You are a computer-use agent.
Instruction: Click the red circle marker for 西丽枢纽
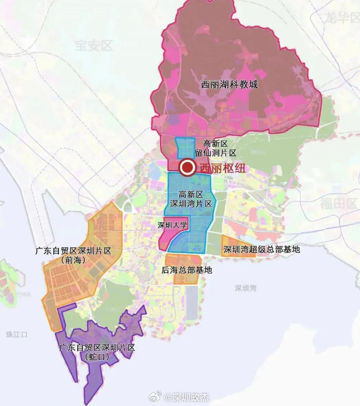(x=187, y=168)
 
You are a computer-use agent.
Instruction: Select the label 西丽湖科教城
(x=229, y=85)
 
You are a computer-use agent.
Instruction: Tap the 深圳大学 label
(x=173, y=225)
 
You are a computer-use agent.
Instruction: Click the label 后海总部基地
(x=187, y=270)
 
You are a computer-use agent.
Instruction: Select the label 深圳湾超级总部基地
(x=262, y=249)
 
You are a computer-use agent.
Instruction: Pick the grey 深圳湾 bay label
(x=246, y=288)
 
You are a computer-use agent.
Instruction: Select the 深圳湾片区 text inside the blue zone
(x=191, y=204)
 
